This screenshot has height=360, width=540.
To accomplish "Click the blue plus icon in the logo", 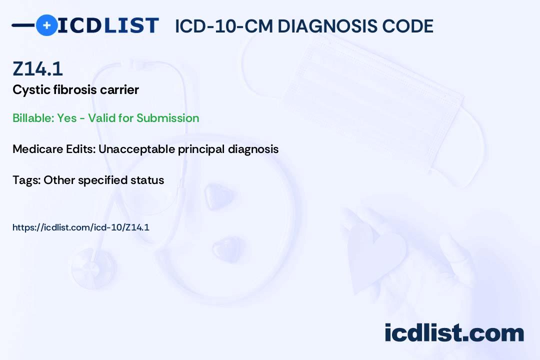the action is point(46,25).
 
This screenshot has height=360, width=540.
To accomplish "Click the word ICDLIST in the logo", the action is point(108,25).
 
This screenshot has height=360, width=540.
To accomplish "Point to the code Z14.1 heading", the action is point(38,69).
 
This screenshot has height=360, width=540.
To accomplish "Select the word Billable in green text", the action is point(33,118).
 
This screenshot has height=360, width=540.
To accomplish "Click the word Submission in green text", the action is point(167,118).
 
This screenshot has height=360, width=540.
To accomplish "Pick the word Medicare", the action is point(37,149).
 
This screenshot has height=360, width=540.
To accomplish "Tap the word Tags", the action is point(26,180).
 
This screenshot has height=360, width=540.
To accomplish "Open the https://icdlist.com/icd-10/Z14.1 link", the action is point(81,227).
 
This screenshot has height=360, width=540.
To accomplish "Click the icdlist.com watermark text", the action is point(454,333).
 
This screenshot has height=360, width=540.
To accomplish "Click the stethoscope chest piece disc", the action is point(93,268).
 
